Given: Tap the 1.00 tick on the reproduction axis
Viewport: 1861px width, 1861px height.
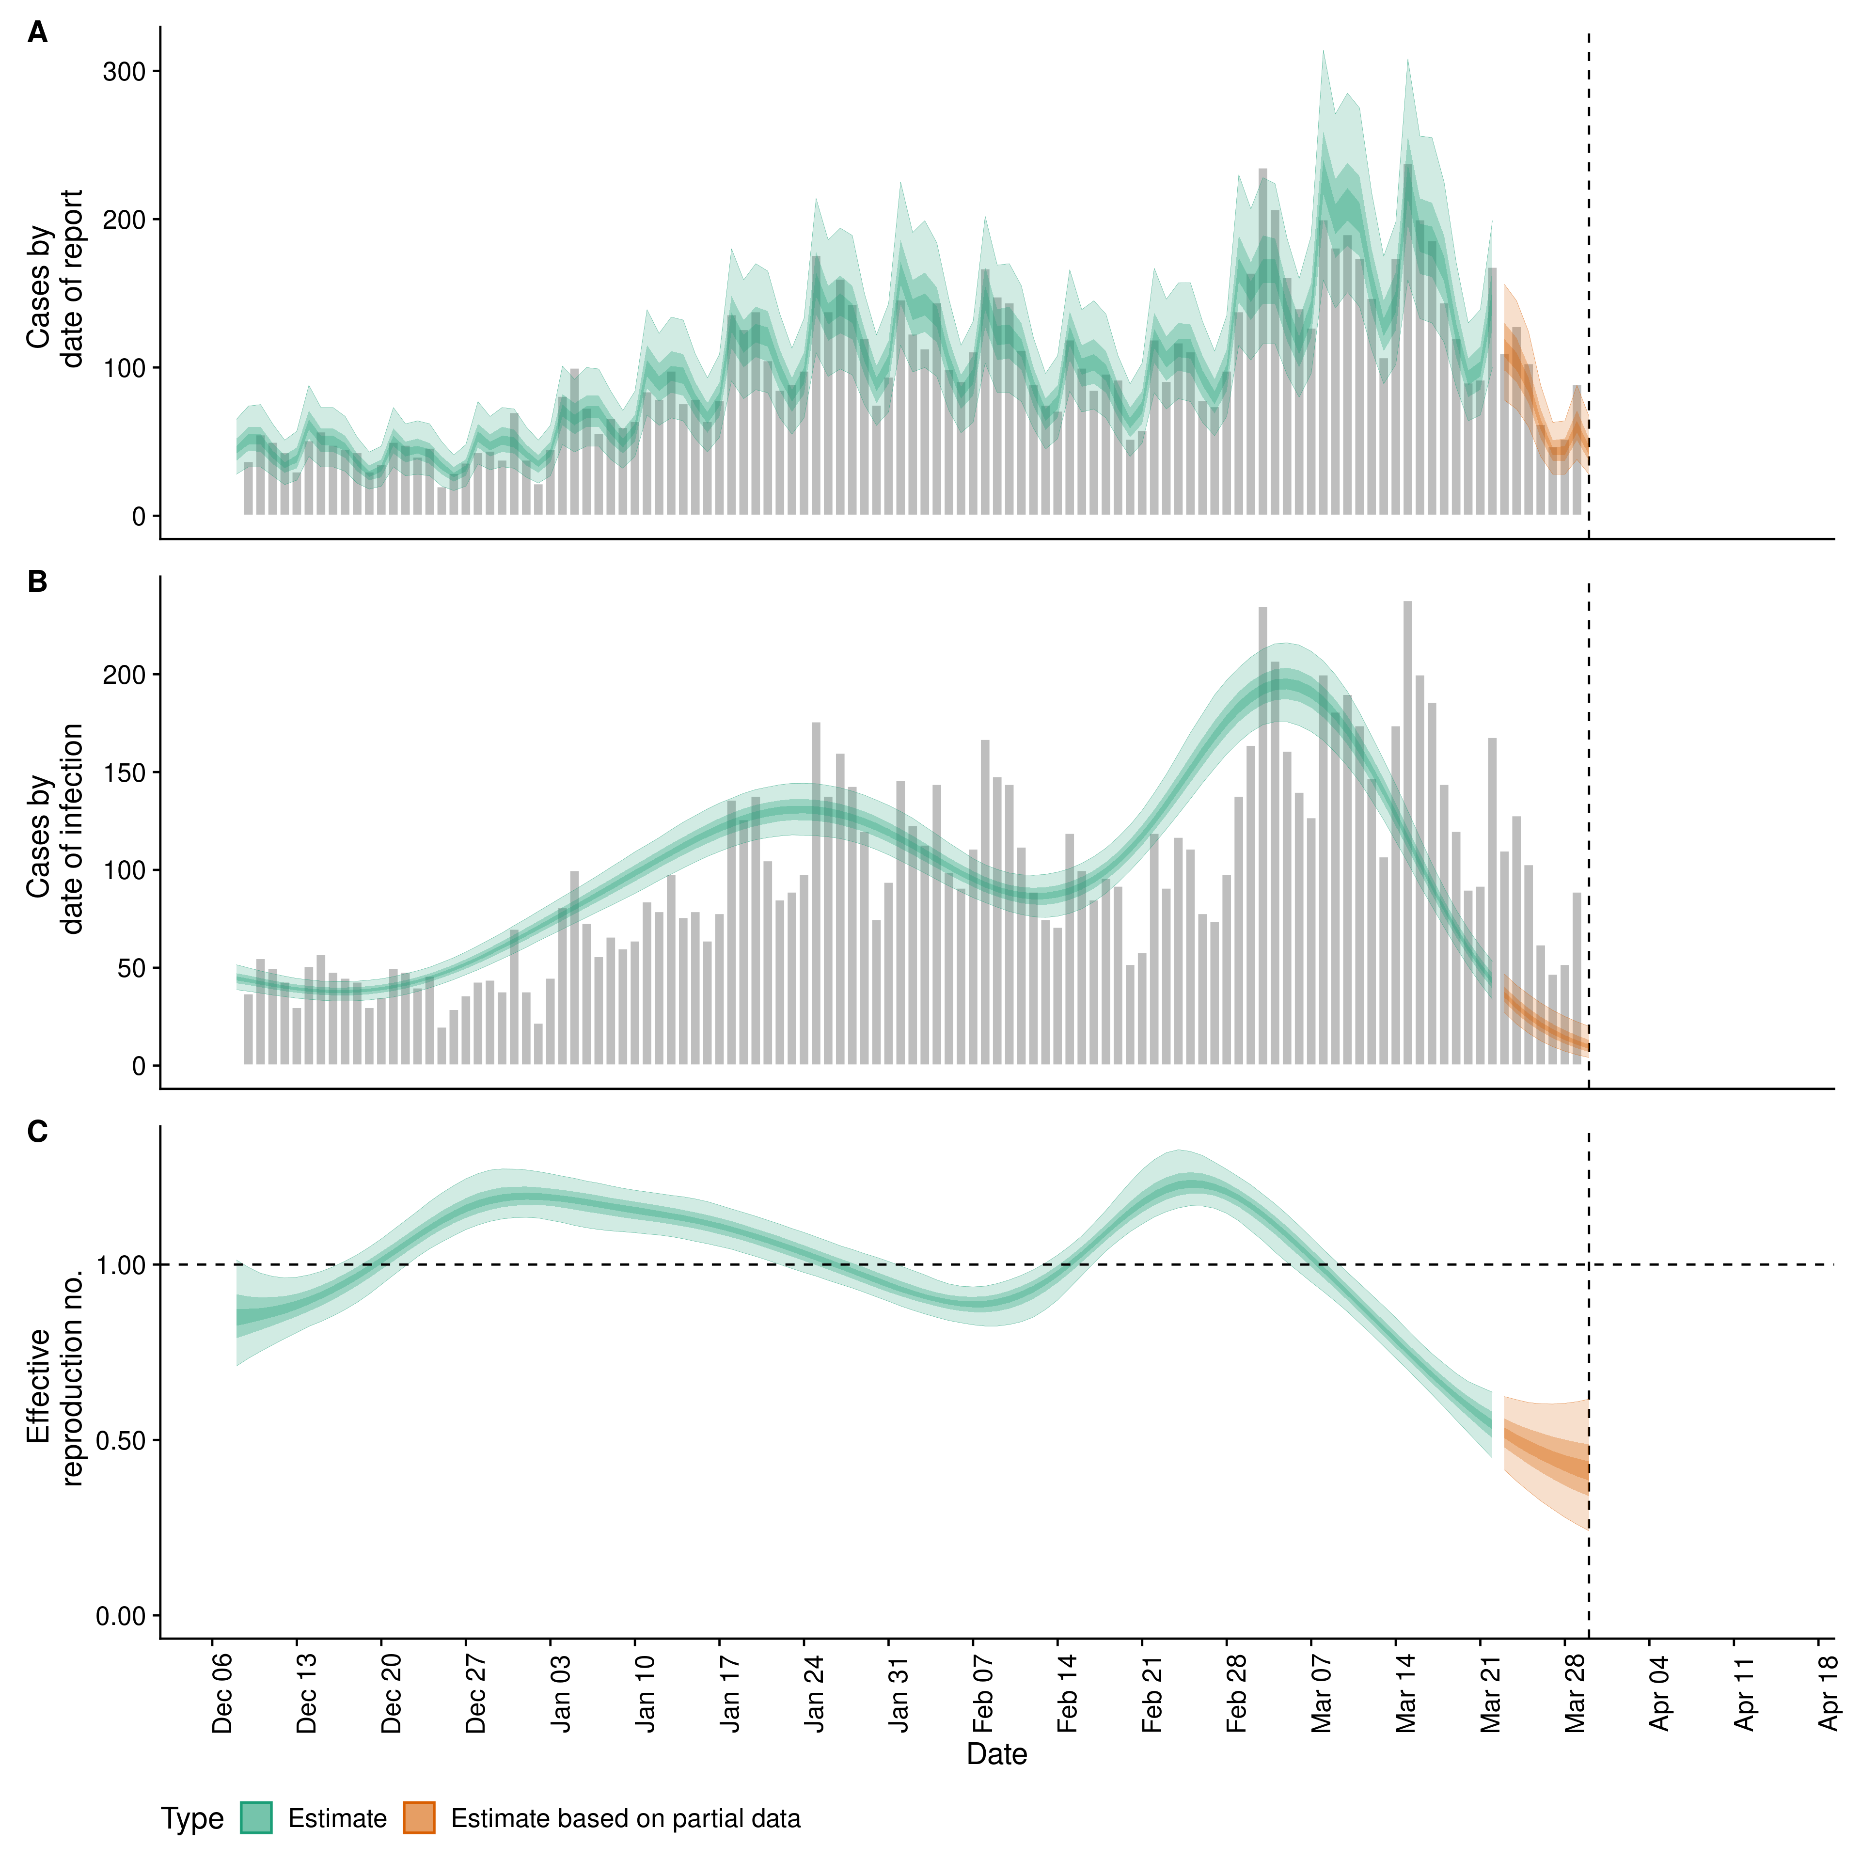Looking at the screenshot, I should [120, 1265].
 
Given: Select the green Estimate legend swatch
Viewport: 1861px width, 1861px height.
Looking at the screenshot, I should [256, 1818].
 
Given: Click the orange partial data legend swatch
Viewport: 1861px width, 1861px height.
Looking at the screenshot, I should [419, 1818].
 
